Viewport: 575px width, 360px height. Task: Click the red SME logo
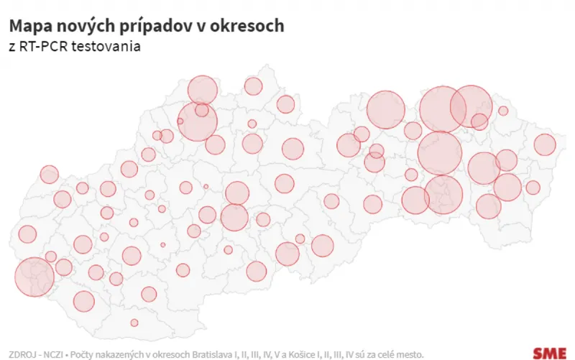[549, 352]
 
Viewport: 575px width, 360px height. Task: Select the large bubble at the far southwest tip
[34, 277]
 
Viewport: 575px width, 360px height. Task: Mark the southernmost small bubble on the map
[134, 323]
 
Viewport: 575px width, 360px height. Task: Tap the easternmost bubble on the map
[545, 145]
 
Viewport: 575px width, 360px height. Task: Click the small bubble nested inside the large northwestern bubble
[202, 110]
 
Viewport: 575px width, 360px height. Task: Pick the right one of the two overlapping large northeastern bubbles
[471, 106]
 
